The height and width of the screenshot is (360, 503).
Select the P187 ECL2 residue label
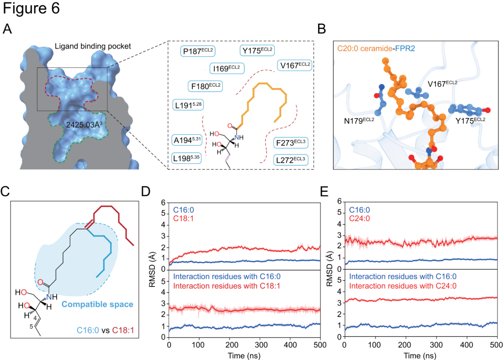click(x=197, y=51)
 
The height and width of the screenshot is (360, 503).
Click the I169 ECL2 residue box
click(x=227, y=68)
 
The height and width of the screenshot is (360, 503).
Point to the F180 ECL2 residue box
click(x=205, y=87)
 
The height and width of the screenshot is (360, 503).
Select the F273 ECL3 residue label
click(x=291, y=142)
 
